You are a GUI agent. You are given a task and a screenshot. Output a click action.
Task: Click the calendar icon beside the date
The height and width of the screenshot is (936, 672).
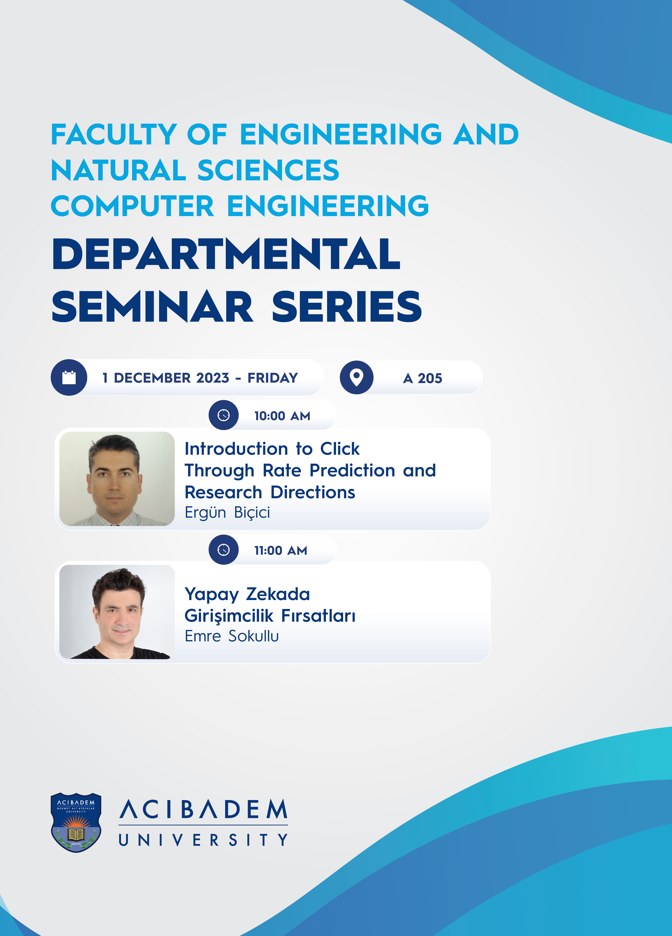[x=69, y=377]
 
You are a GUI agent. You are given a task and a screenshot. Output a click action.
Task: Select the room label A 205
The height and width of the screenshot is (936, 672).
[x=422, y=378]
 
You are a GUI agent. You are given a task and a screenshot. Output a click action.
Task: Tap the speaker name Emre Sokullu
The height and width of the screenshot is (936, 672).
[x=231, y=636]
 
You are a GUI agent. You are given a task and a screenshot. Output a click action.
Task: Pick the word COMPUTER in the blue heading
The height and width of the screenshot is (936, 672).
[x=133, y=206]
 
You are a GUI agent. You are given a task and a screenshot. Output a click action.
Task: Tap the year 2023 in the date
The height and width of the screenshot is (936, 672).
[x=212, y=378]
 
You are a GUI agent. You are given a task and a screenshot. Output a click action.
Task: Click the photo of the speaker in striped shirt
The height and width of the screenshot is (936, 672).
[x=117, y=479]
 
